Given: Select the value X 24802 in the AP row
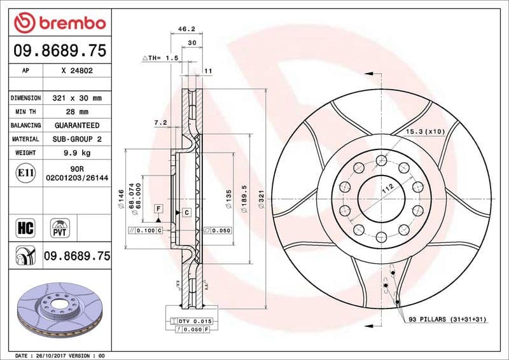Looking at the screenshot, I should pos(77,71).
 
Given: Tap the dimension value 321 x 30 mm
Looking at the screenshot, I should pos(77,98).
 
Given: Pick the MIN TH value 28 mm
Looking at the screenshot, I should pos(77,112).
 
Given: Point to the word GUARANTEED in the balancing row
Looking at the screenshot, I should pos(77,125).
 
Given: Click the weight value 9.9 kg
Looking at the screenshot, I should pos(77,153).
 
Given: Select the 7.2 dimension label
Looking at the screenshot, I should pos(160,121).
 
